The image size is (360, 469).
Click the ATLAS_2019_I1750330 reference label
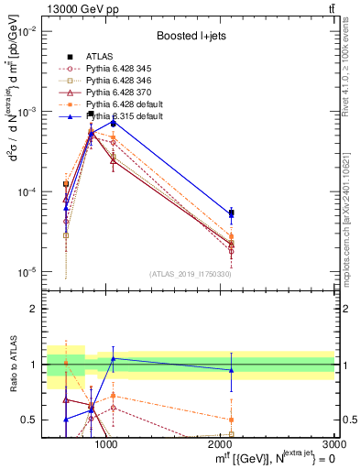(191, 272)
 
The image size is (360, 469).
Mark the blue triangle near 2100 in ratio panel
(231, 370)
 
